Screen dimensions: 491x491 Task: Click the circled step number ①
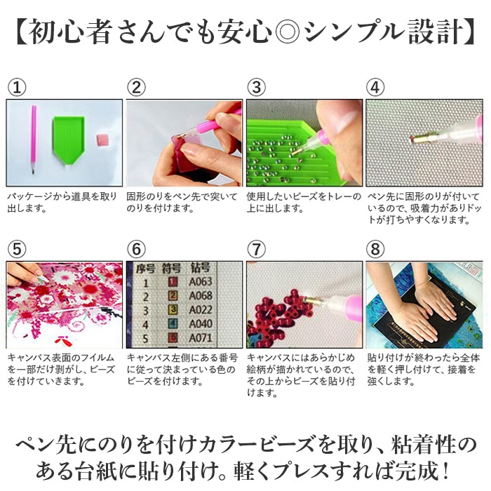(x=17, y=88)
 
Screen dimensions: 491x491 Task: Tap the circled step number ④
(x=375, y=88)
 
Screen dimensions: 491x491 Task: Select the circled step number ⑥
(x=137, y=249)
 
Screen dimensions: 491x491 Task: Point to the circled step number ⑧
(x=375, y=249)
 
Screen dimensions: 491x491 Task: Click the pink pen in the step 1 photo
(x=33, y=140)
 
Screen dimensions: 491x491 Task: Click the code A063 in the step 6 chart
(x=201, y=281)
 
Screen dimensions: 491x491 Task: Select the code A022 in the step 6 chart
(x=201, y=310)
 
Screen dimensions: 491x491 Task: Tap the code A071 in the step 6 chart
(x=201, y=338)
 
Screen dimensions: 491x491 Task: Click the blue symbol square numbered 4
(x=173, y=323)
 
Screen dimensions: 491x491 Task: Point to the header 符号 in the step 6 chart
(x=171, y=269)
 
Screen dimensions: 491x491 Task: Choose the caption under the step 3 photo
(x=303, y=203)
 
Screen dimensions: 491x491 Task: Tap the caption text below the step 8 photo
(x=424, y=370)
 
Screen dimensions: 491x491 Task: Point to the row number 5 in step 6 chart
(x=145, y=339)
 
